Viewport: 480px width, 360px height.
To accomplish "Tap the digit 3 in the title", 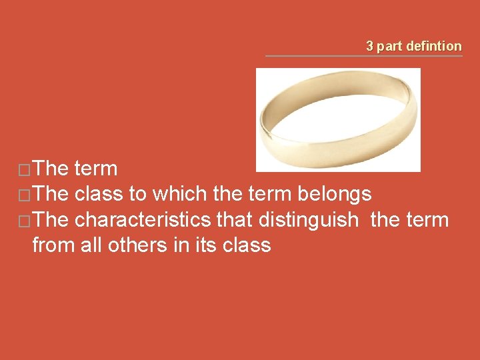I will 369,46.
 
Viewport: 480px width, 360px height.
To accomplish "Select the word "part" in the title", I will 389,46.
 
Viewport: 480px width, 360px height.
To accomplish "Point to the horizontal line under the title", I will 363,56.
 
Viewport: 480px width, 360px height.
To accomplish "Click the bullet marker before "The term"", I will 23,170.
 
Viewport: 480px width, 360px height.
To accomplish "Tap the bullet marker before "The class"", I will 23,195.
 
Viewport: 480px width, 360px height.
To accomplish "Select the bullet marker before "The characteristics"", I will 23,221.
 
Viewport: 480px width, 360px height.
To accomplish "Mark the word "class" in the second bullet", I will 99,194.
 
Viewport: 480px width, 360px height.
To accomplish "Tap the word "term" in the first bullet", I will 96,169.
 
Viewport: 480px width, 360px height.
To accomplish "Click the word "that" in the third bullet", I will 235,219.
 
